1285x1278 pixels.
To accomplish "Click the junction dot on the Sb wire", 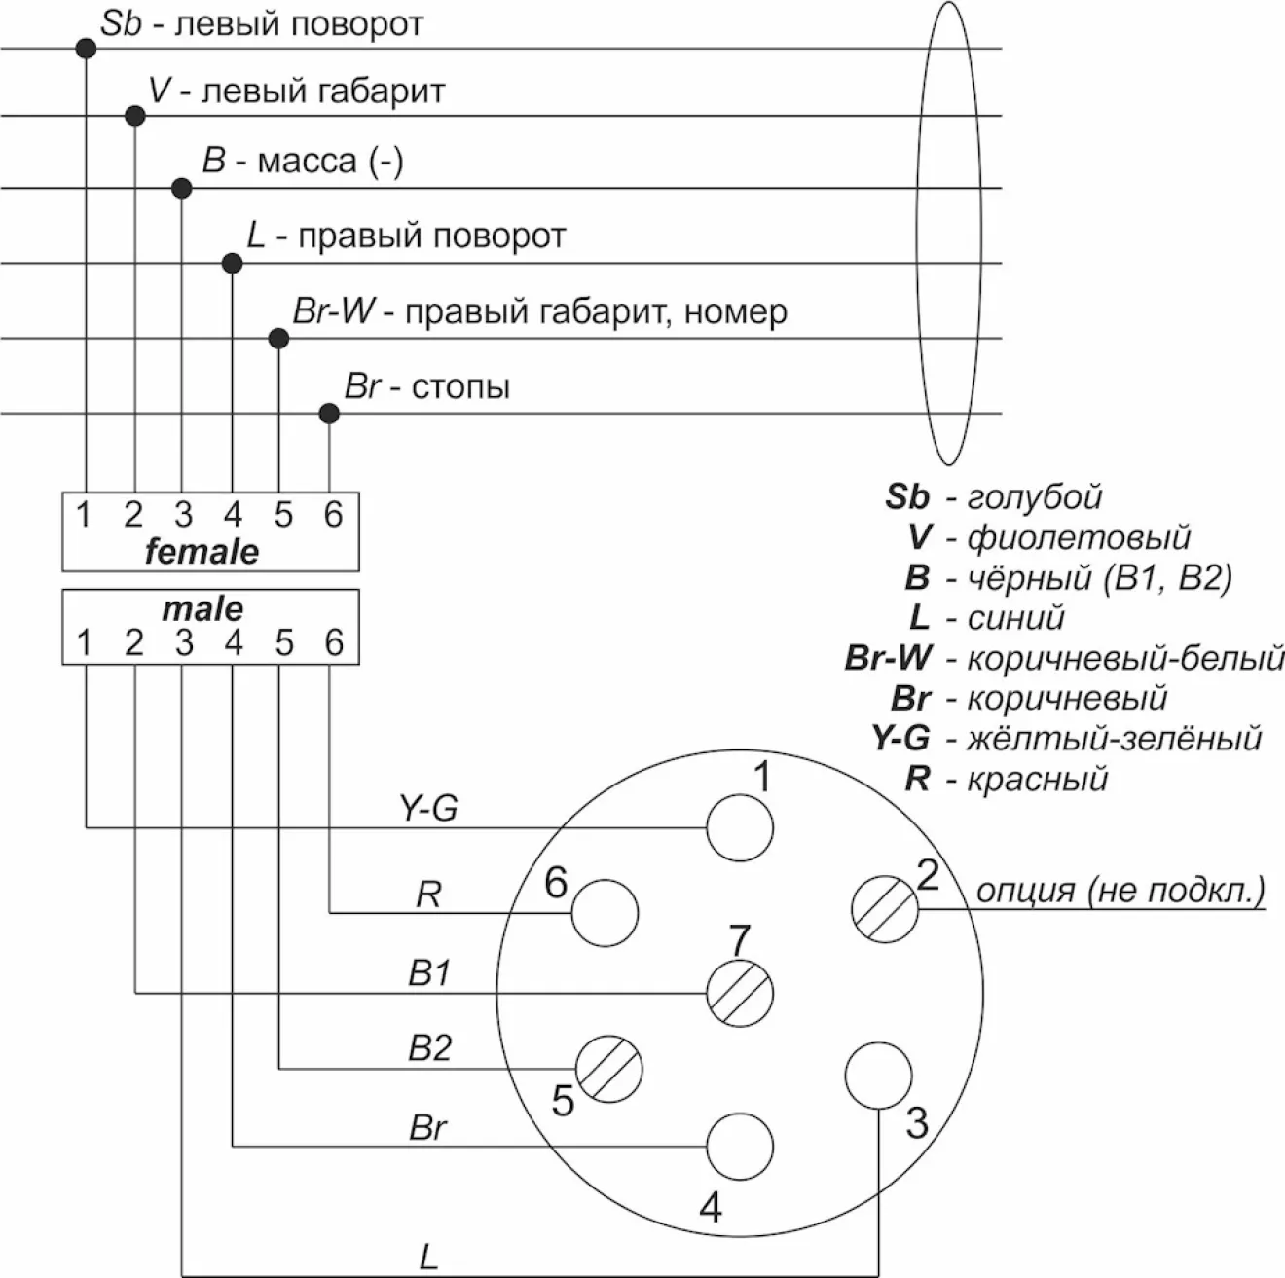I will (86, 48).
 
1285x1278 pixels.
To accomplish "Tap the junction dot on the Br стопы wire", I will (329, 414).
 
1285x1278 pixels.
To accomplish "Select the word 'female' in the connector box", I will (202, 552).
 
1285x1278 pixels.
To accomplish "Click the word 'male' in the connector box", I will (202, 609).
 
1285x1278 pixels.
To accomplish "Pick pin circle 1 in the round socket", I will (739, 829).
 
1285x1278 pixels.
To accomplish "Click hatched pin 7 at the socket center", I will (739, 994).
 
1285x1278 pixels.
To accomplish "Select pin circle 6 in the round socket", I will (605, 914).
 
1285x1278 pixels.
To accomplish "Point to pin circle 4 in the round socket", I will (739, 1147).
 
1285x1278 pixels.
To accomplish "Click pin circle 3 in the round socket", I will (878, 1076).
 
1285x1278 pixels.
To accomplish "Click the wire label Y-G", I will (428, 808).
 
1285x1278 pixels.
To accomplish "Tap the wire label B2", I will (429, 1048).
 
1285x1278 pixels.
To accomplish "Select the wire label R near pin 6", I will (428, 895).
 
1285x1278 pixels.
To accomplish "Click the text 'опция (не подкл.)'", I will (1120, 890).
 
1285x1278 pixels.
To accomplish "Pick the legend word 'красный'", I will (1037, 780).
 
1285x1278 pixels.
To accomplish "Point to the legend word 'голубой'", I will (1034, 496).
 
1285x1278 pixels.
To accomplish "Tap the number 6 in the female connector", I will (333, 514).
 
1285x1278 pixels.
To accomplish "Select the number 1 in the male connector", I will (85, 643).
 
